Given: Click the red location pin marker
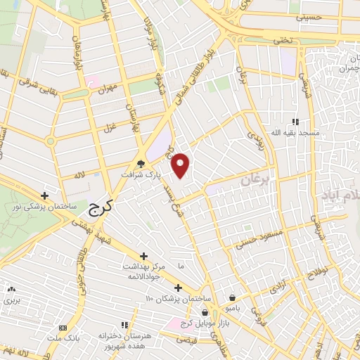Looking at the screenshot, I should pyautogui.click(x=181, y=165).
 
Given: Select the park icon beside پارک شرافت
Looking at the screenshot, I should pyautogui.click(x=141, y=163).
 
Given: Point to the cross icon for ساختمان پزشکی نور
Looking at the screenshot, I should pyautogui.click(x=45, y=195).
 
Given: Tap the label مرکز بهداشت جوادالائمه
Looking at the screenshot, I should pyautogui.click(x=143, y=271).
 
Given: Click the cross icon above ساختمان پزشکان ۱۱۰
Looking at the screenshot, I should pyautogui.click(x=178, y=287).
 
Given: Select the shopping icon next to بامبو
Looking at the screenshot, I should pyautogui.click(x=232, y=297).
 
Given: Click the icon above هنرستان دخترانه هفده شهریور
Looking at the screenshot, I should pyautogui.click(x=124, y=325).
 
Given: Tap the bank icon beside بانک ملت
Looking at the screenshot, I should pyautogui.click(x=63, y=328).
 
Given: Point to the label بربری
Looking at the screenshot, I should pyautogui.click(x=11, y=300).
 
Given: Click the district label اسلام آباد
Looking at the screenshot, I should pyautogui.click(x=340, y=193).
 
